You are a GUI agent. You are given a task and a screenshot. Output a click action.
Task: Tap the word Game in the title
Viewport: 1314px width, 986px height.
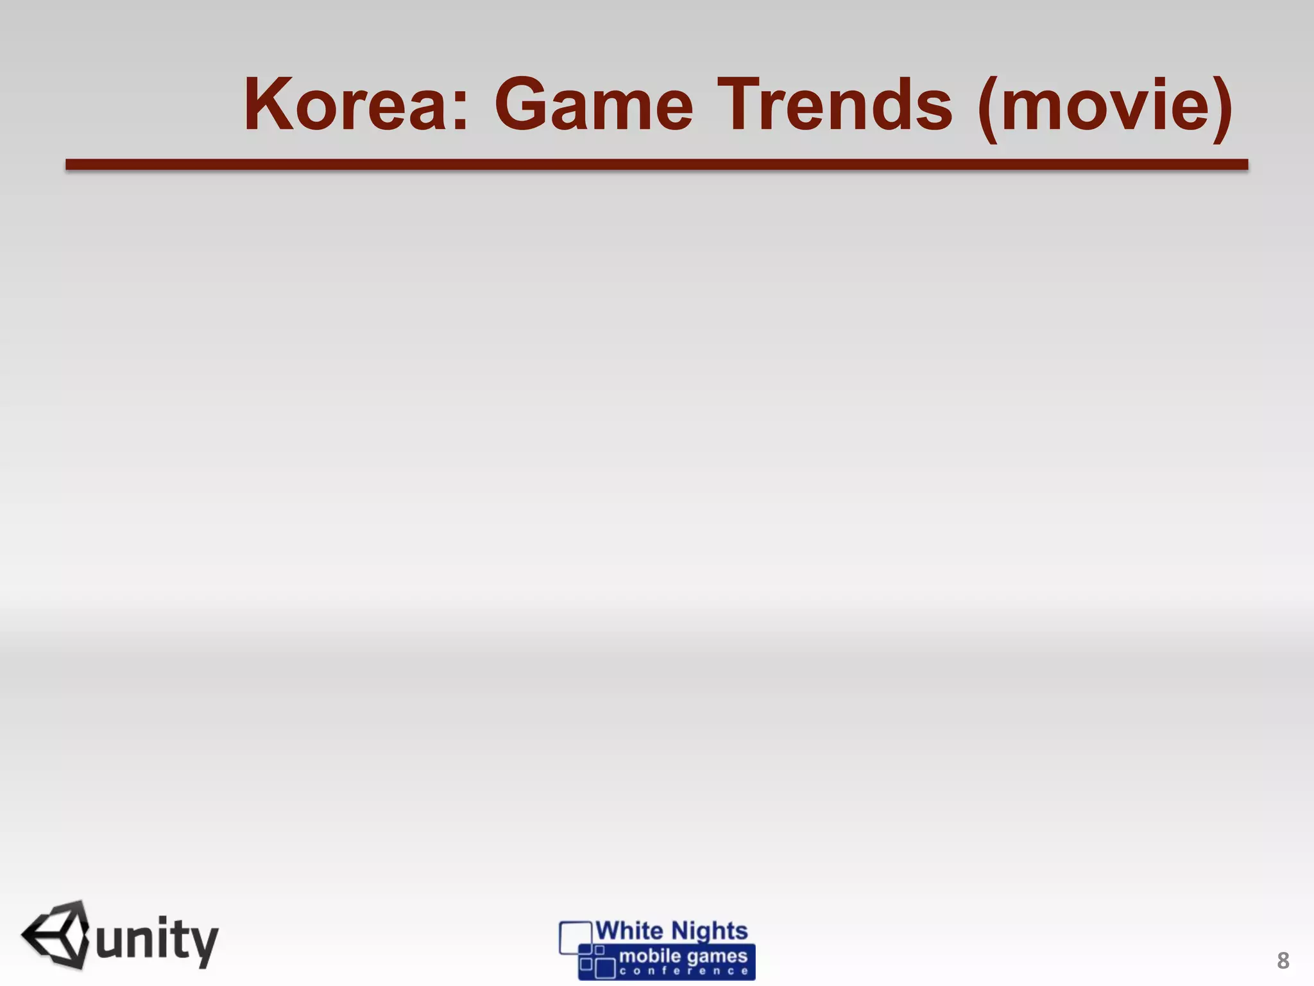coord(593,105)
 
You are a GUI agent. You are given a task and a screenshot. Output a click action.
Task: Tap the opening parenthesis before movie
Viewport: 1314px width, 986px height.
coord(987,107)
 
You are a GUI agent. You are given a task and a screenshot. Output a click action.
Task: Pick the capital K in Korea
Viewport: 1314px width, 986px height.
coord(269,105)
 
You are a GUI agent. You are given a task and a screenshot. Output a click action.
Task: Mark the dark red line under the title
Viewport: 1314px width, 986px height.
coord(656,165)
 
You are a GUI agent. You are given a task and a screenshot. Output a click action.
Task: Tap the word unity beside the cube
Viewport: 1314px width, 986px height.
coord(157,941)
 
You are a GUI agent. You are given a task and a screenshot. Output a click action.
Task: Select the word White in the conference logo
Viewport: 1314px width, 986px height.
coord(629,931)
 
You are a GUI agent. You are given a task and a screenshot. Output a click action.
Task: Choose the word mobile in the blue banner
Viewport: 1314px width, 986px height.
coord(650,956)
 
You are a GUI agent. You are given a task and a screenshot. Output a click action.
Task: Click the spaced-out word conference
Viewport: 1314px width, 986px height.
coord(684,971)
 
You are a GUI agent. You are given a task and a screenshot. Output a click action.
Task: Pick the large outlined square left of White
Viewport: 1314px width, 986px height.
coord(575,938)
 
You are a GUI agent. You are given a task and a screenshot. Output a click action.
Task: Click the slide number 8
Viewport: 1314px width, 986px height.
coord(1283,961)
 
